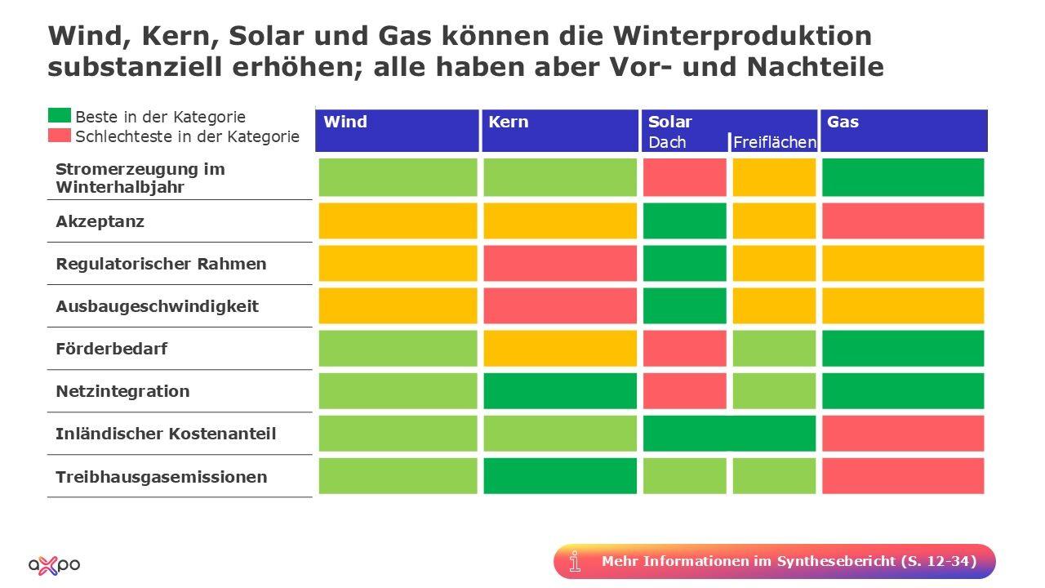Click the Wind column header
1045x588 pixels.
click(345, 122)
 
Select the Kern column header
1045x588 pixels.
click(509, 122)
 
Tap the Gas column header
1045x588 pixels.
click(843, 122)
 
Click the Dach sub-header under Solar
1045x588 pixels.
click(667, 143)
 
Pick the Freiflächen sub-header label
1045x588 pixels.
click(774, 143)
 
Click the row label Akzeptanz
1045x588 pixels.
click(100, 221)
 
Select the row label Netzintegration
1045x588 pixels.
click(122, 391)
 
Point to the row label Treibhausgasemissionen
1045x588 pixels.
click(161, 476)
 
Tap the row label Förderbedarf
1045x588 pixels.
click(111, 349)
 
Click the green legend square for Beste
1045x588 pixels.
click(60, 116)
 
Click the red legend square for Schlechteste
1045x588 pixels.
click(60, 136)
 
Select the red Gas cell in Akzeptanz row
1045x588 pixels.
click(902, 220)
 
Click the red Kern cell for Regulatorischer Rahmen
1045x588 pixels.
click(560, 263)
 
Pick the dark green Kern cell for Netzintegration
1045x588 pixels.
click(560, 390)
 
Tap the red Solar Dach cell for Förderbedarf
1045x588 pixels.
click(684, 348)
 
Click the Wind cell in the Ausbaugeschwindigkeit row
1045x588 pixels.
click(398, 305)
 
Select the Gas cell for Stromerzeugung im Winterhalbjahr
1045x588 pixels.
click(902, 177)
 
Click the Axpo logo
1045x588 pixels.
click(54, 563)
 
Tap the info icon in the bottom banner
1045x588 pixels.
click(576, 561)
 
